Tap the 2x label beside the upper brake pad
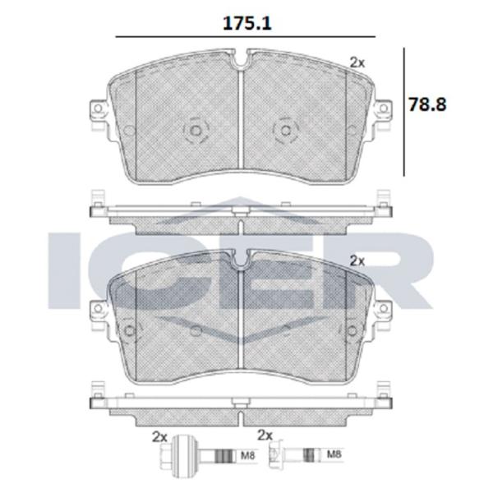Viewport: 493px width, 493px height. click(357, 62)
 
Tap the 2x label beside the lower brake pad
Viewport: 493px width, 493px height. click(357, 260)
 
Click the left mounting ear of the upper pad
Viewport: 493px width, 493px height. click(97, 110)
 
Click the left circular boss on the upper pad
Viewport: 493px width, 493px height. click(195, 130)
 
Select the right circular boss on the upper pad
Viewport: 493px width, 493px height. click(283, 130)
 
